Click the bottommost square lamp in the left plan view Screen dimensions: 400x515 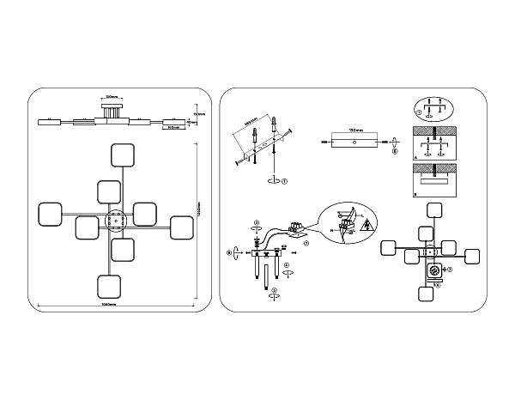(x=110, y=287)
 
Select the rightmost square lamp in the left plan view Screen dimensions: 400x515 (x=180, y=227)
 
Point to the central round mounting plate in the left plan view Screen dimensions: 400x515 (x=115, y=221)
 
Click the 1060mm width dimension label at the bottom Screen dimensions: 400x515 (x=109, y=306)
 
